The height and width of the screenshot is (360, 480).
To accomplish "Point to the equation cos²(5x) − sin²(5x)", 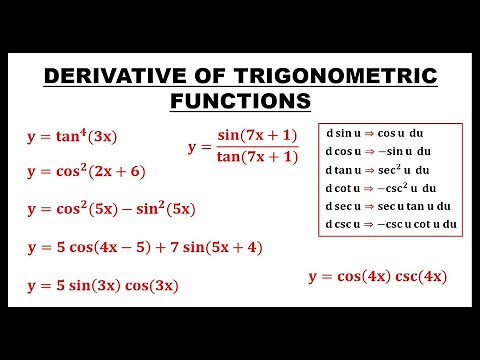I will (x=124, y=209).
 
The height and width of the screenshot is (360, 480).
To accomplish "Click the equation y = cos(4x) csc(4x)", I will (x=378, y=276).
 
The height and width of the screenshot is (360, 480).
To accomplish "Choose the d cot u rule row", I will (x=385, y=188).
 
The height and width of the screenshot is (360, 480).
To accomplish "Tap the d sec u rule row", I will (x=389, y=206).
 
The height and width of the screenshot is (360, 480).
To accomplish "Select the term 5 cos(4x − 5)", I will (x=99, y=247).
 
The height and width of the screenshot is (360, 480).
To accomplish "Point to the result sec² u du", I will (x=409, y=170).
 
